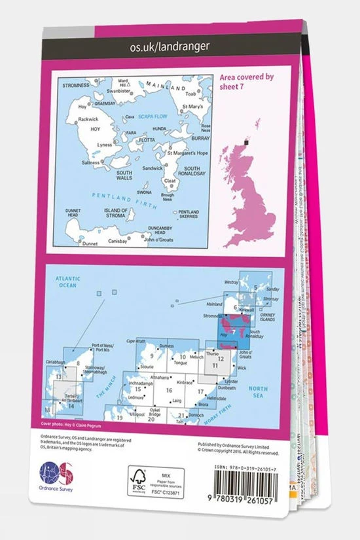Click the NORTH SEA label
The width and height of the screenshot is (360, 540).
(x=258, y=391)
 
